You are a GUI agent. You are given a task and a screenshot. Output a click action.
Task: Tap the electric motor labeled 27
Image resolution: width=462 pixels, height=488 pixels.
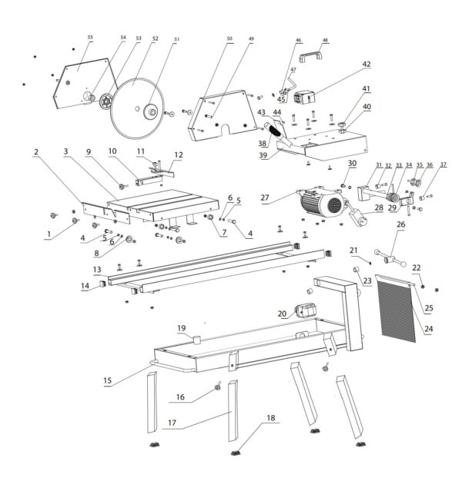pos(316,204)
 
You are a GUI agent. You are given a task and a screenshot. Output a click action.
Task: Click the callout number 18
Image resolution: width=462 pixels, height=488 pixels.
pos(269,418)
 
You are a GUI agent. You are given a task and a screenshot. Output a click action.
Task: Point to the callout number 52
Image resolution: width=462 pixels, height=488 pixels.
pos(155,38)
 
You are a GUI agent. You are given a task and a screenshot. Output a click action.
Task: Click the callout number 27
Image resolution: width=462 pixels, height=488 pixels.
pos(265,198)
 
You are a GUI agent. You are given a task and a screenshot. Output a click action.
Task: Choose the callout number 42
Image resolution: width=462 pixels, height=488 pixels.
pos(367,65)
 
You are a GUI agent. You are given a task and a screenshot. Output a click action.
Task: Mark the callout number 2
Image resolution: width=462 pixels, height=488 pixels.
pos(36,152)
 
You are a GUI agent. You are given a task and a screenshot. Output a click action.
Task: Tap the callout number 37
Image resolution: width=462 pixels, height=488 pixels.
pos(443,165)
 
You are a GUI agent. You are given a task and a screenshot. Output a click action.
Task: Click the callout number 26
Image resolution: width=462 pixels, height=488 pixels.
pos(400,224)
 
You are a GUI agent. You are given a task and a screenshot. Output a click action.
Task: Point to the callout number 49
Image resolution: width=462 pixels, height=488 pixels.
pos(250,38)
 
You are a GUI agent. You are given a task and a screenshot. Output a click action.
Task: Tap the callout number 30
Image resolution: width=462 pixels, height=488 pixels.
pos(352,164)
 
